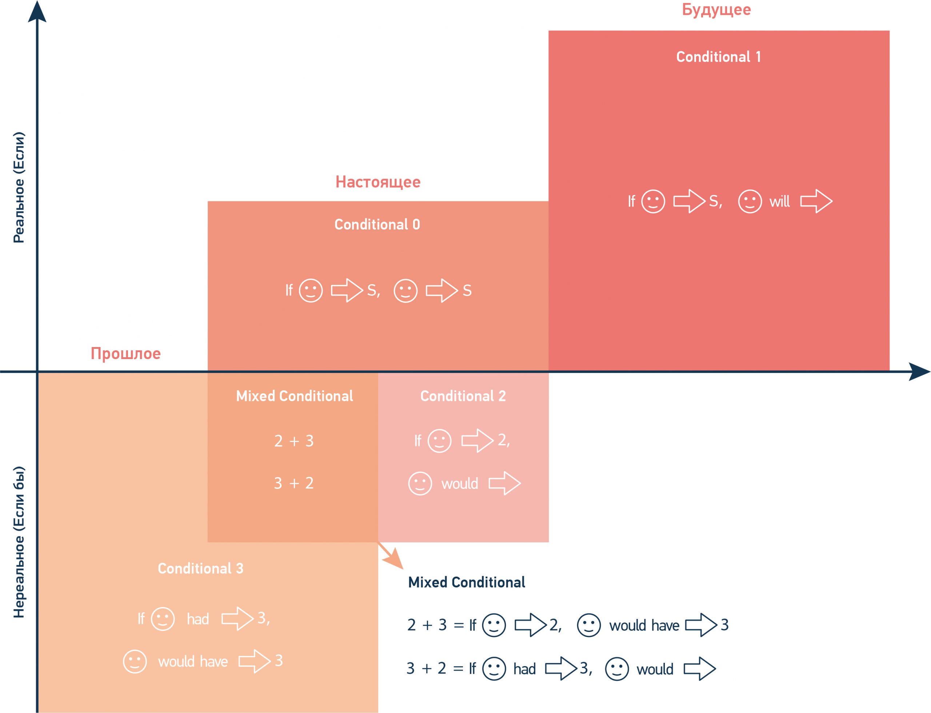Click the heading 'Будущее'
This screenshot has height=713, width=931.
pyautogui.click(x=716, y=9)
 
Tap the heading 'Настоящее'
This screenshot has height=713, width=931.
pyautogui.click(x=377, y=182)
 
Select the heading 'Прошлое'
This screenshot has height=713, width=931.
pyautogui.click(x=125, y=354)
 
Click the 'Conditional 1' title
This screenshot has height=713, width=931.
pyautogui.click(x=718, y=57)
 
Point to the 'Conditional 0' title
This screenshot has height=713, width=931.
pyautogui.click(x=377, y=224)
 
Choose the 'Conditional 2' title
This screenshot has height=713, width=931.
pyautogui.click(x=463, y=396)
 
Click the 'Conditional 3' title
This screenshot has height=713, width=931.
pyautogui.click(x=201, y=568)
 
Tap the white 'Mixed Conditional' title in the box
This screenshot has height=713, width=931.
pyautogui.click(x=295, y=396)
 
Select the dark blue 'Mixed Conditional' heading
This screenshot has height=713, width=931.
pyautogui.click(x=466, y=582)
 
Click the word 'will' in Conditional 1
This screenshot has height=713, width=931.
pyautogui.click(x=779, y=202)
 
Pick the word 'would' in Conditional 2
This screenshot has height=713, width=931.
pyautogui.click(x=460, y=484)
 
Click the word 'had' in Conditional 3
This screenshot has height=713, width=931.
pyautogui.click(x=198, y=619)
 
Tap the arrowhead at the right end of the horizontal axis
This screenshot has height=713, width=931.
pyautogui.click(x=920, y=372)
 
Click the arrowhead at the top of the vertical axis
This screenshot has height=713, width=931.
pyautogui.click(x=37, y=11)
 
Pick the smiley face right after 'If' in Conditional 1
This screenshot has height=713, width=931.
pyautogui.click(x=653, y=202)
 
